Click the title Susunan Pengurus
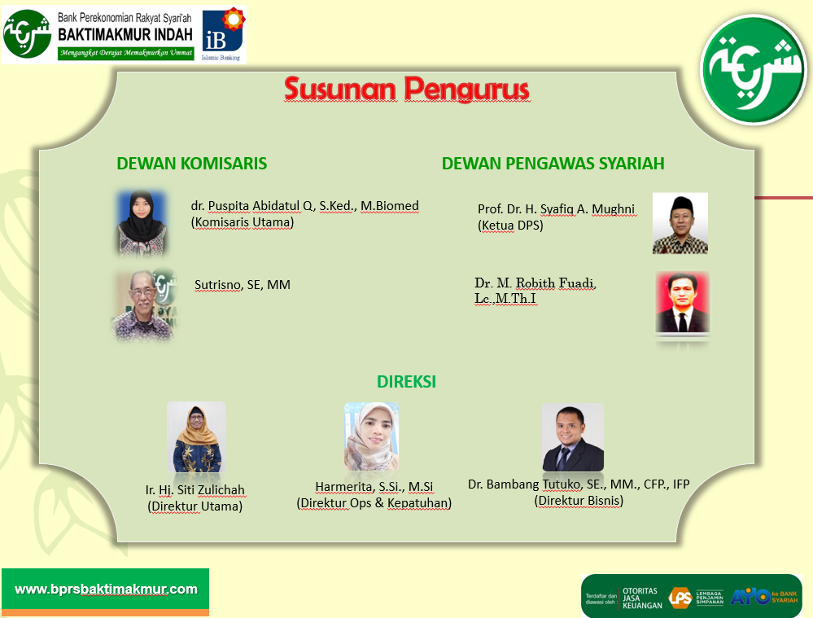point(407,89)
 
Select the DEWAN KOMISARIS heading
point(192,164)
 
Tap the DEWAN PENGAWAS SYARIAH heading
point(553,164)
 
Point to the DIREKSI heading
point(407,382)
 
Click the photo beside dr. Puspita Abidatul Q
point(142,223)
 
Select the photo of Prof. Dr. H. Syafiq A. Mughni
point(680,223)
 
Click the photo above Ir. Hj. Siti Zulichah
point(196,437)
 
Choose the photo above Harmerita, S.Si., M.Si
point(371,437)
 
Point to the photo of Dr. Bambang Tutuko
point(573,437)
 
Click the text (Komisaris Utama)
point(243,222)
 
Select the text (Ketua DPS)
point(510,226)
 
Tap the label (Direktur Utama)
point(195,506)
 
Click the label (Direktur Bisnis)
point(579,501)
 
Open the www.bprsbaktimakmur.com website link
point(106,590)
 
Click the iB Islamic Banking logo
point(223,34)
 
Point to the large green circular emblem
point(754,70)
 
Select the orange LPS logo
point(680,598)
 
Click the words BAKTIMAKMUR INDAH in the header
point(125,35)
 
